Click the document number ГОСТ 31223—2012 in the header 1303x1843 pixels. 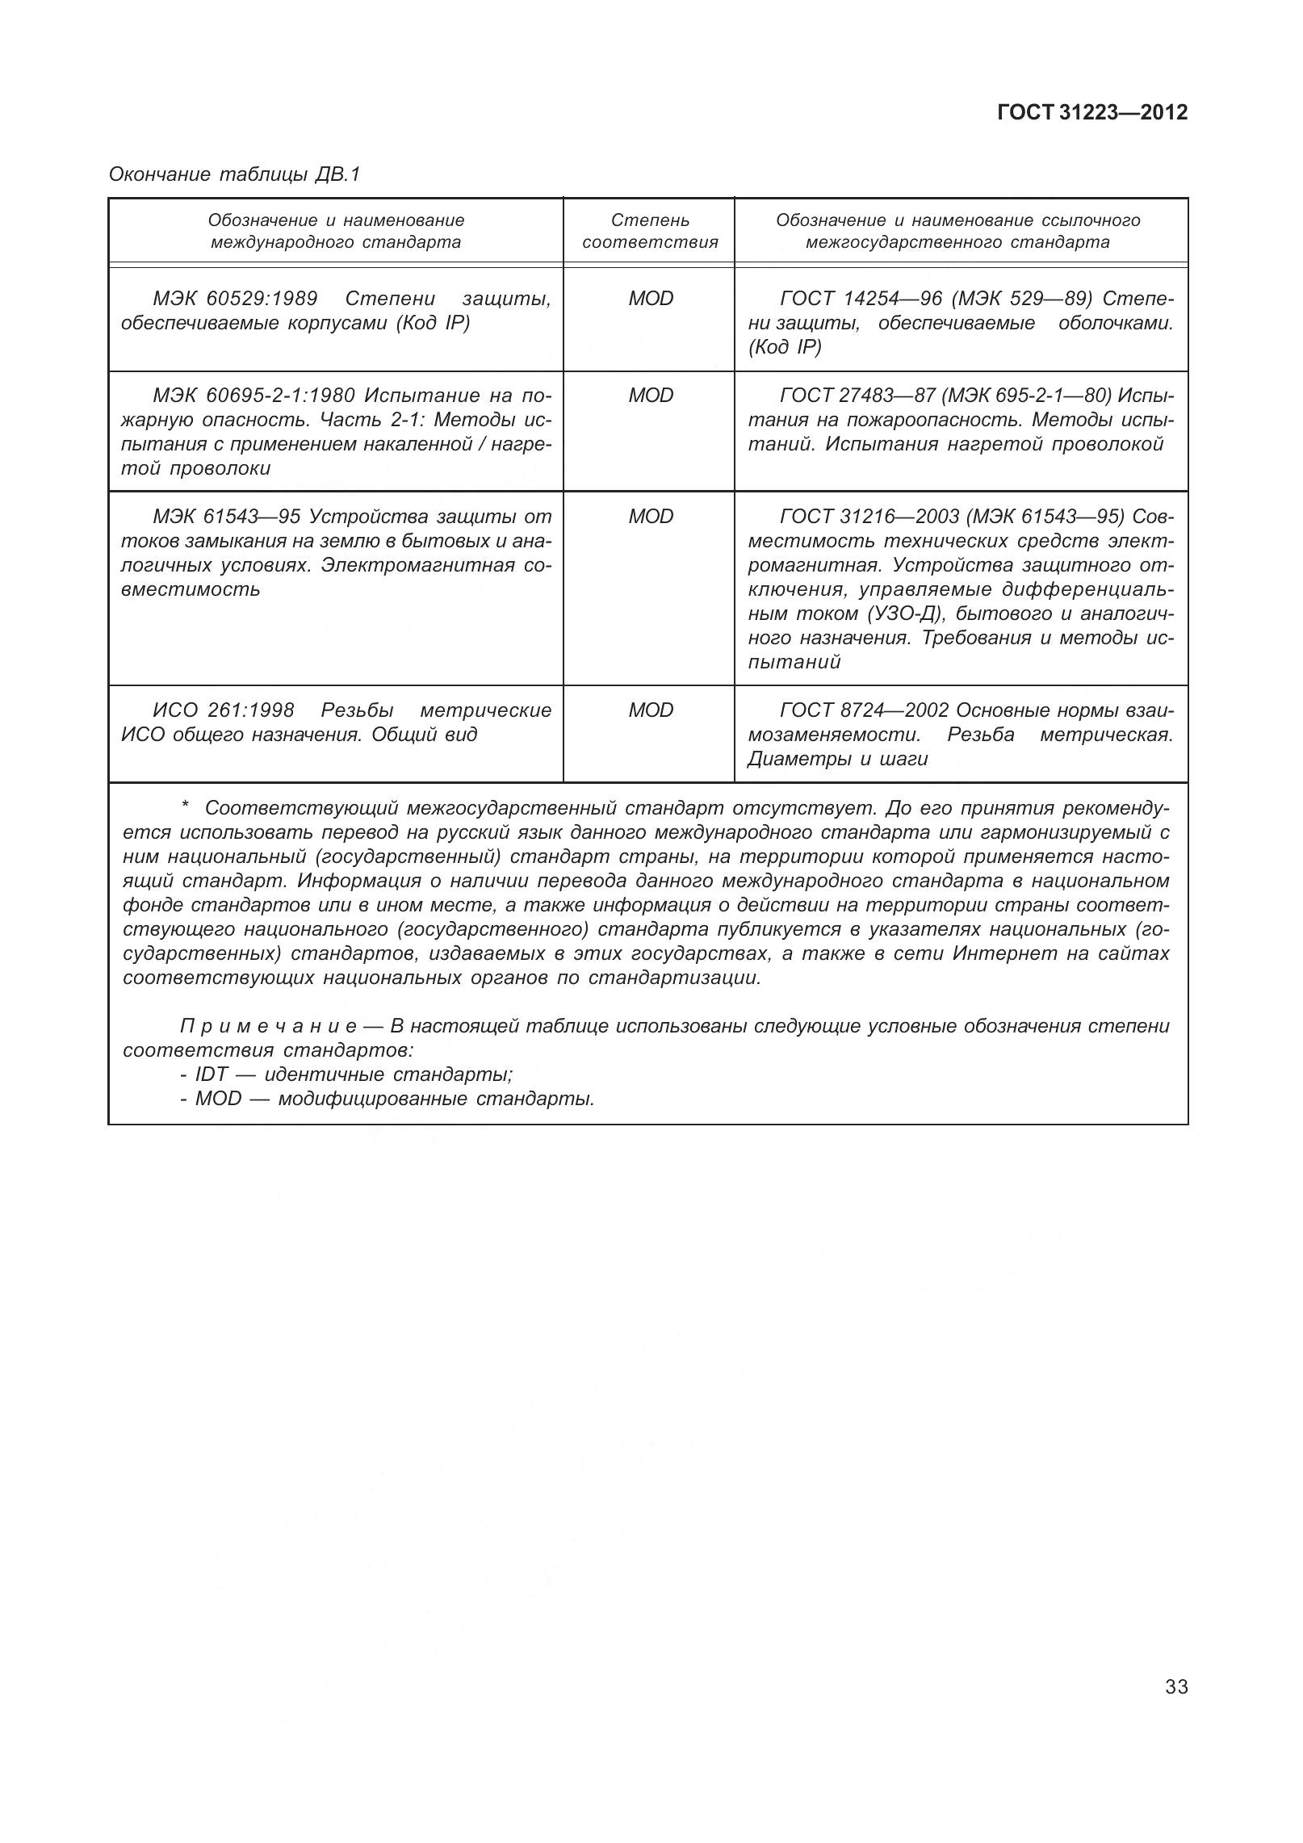[1092, 112]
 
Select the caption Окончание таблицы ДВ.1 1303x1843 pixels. [234, 174]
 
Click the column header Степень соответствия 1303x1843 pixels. [650, 231]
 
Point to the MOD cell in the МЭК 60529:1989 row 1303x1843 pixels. [651, 299]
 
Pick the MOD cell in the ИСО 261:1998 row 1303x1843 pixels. [651, 710]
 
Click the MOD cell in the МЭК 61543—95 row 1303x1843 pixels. [651, 517]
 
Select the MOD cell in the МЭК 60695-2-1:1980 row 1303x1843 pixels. [651, 396]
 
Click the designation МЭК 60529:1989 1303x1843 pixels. [235, 299]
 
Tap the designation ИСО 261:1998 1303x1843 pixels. [224, 710]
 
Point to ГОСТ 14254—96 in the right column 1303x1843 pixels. [861, 299]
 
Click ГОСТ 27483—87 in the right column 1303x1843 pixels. [861, 396]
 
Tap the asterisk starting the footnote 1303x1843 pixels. [185, 807]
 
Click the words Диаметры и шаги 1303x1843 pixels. [838, 759]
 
